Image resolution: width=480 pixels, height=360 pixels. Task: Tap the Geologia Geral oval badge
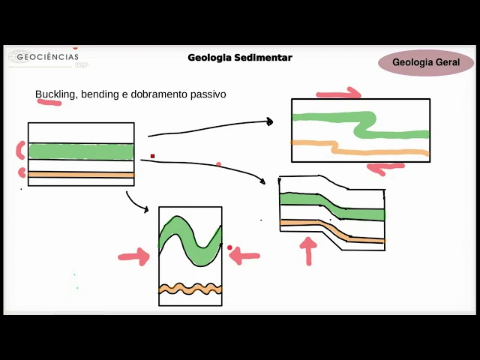426,63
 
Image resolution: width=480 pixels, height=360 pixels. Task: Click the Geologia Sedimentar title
240,58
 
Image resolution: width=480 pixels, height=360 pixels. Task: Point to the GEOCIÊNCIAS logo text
47,57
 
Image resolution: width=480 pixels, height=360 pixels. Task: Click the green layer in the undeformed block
81,151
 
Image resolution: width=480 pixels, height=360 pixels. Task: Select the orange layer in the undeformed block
81,175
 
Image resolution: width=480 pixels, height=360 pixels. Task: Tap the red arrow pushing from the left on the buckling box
133,256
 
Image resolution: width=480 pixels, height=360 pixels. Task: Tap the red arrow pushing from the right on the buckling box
244,256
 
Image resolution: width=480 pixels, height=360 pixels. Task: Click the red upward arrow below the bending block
308,251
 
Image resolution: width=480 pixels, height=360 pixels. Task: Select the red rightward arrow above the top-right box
339,94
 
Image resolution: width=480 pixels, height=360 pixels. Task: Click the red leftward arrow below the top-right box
385,168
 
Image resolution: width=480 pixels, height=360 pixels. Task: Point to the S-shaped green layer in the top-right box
360,124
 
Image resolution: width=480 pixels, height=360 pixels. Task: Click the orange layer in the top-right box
375,151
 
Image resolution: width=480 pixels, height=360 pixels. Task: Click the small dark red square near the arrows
152,156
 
